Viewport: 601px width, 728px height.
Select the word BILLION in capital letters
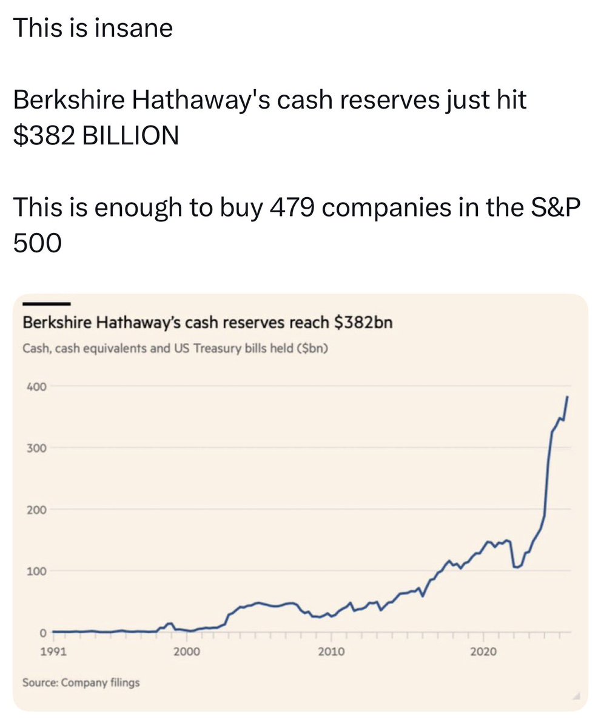130,135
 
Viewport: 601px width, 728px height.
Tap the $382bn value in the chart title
363,322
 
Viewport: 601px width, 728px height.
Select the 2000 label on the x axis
186,652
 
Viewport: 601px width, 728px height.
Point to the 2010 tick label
331,652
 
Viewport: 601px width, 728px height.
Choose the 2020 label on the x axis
483,652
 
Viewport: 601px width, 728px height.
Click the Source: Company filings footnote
81,682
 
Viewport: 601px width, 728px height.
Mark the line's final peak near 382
567,397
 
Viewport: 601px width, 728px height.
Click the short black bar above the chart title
47,303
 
